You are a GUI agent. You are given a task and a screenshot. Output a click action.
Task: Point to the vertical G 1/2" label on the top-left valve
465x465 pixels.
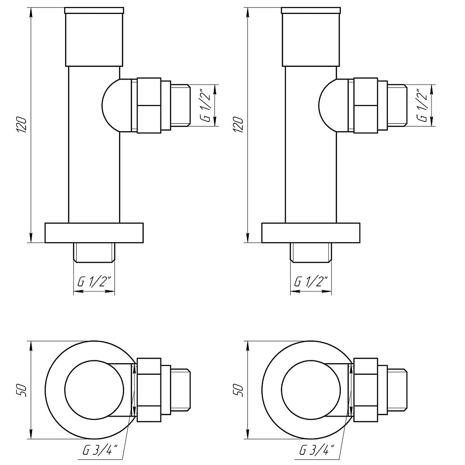tap(206, 106)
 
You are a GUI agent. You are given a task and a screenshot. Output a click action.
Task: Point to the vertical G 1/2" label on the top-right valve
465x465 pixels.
tap(422, 106)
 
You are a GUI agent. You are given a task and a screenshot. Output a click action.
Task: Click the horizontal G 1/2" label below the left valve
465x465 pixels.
tap(94, 282)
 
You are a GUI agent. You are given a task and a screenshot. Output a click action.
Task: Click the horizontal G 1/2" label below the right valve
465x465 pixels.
tap(311, 282)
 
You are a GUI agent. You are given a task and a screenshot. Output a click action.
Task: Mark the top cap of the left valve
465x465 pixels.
tap(94, 37)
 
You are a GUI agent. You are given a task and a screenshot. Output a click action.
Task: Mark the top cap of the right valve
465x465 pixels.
tap(311, 37)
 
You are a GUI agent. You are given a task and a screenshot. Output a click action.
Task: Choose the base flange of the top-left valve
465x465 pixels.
tap(94, 233)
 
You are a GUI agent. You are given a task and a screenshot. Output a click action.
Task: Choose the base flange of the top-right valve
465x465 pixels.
tap(311, 233)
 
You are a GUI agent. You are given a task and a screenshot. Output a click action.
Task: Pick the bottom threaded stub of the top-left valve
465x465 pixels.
tap(94, 252)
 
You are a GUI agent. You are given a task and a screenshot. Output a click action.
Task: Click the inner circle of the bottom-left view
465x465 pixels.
tap(94, 390)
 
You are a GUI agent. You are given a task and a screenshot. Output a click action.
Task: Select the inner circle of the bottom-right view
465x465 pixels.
tap(311, 390)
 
